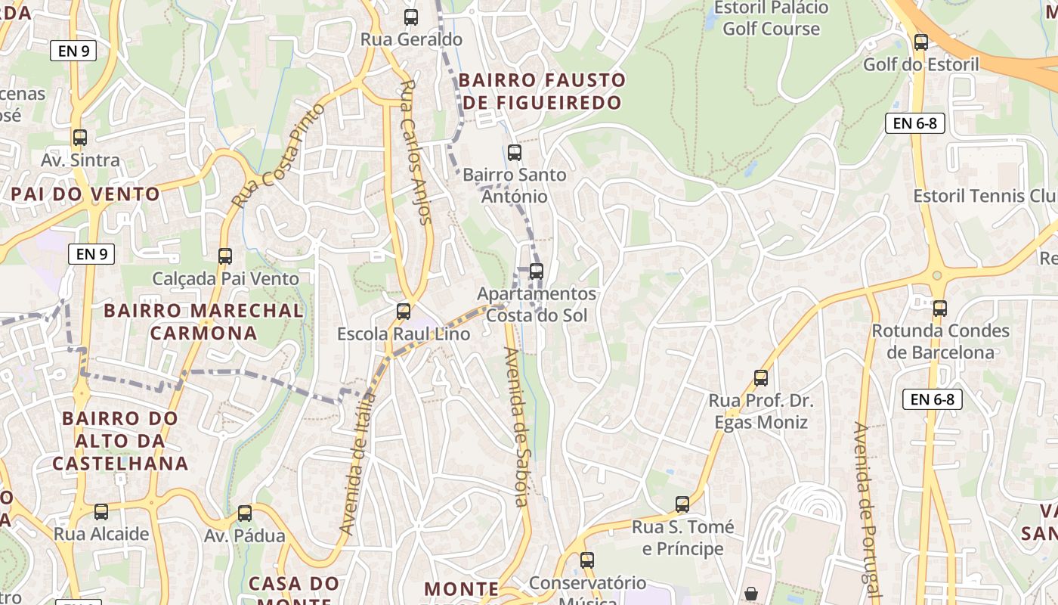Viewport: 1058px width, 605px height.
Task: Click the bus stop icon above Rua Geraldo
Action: (411, 17)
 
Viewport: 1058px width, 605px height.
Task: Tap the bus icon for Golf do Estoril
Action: (920, 42)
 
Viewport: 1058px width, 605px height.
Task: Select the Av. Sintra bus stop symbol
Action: (80, 138)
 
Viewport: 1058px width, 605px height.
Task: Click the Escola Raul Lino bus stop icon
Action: (404, 312)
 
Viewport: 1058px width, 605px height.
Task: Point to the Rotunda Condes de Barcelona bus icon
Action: (939, 309)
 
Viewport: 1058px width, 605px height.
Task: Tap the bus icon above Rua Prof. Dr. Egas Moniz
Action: (761, 378)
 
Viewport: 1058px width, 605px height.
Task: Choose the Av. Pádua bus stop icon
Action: (245, 513)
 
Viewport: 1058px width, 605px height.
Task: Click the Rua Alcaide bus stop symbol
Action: (101, 512)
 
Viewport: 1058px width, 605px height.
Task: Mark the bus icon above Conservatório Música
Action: (587, 560)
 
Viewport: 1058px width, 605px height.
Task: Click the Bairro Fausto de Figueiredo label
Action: (542, 91)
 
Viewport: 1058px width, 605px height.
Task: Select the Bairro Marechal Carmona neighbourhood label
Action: (203, 321)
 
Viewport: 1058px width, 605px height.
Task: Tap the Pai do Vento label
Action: (85, 194)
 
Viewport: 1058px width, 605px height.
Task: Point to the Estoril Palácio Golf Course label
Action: (771, 19)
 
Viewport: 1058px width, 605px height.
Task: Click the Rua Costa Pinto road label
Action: (278, 157)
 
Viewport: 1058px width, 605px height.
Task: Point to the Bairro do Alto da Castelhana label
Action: (120, 441)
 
